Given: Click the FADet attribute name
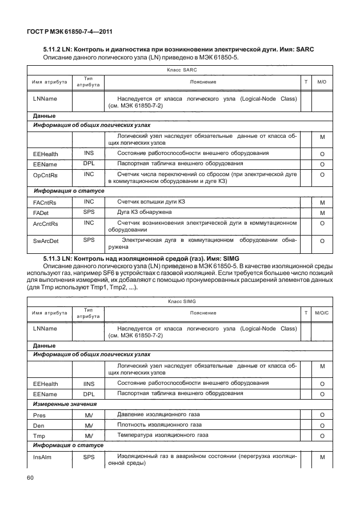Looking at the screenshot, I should pyautogui.click(x=43, y=213).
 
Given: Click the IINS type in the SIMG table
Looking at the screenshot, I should pyautogui.click(x=89, y=382).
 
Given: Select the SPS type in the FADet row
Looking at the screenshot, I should pyautogui.click(x=89, y=212).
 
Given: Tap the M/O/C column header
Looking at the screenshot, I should pyautogui.click(x=322, y=313).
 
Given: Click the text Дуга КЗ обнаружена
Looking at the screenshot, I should pyautogui.click(x=145, y=212).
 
